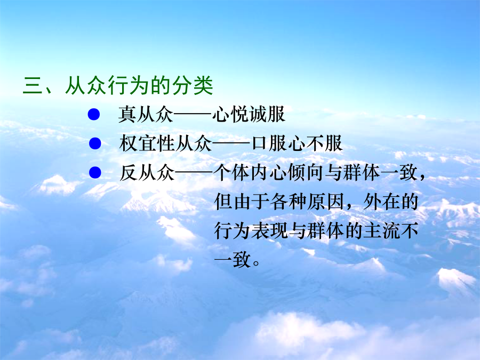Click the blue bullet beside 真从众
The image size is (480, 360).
point(94,115)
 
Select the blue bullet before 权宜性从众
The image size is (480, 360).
point(95,143)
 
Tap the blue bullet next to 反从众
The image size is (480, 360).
point(95,172)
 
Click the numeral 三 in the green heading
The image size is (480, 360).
point(33,85)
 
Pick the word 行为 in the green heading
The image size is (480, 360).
point(128,85)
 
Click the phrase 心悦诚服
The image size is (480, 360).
point(249,114)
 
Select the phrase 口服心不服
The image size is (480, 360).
point(297,143)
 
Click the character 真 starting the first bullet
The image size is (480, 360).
point(127,114)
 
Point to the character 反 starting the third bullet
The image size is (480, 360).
point(129,172)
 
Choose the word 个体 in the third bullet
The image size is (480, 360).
point(231,172)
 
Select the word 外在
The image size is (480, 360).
point(381,202)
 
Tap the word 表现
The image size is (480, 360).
point(269,230)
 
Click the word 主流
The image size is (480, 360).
point(381,230)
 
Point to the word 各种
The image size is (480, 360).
point(288,202)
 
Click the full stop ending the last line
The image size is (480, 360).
point(256,262)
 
